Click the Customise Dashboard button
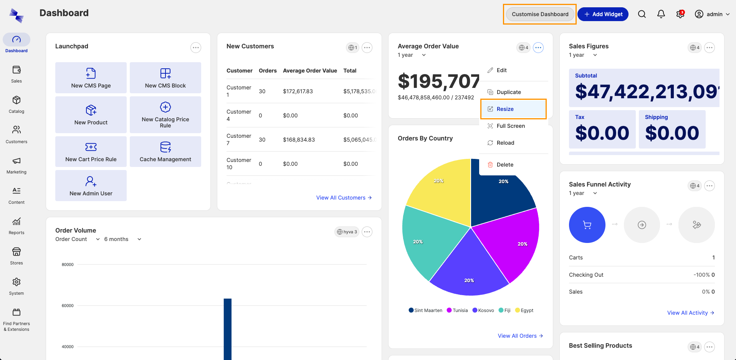[x=540, y=14]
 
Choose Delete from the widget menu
[x=504, y=165]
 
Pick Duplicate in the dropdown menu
[x=508, y=92]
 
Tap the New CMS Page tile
[x=91, y=78]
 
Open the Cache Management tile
[x=165, y=152]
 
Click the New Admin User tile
[x=91, y=185]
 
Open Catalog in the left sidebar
[x=17, y=104]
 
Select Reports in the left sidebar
[x=17, y=226]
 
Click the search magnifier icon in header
[x=642, y=14]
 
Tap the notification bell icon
[x=661, y=14]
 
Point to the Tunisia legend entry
[x=457, y=310]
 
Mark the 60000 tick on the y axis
[x=68, y=306]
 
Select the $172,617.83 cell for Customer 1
[x=298, y=91]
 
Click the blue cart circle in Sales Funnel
[x=587, y=225]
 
